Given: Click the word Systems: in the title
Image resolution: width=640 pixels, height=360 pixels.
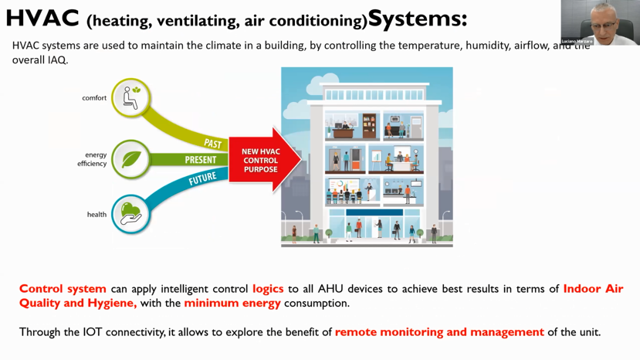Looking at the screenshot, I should coord(418,17).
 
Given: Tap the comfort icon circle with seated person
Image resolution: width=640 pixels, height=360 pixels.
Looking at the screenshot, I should coord(130,98).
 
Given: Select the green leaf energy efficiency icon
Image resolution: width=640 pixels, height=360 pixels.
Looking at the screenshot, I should coord(130,159).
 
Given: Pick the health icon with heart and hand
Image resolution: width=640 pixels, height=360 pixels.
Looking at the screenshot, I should coord(130,214).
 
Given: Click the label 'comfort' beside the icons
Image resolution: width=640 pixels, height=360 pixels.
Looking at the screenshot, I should coord(94,98).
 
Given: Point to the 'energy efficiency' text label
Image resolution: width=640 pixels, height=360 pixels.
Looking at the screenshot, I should coord(92,159).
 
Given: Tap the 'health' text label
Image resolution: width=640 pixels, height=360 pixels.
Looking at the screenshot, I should coord(97,214).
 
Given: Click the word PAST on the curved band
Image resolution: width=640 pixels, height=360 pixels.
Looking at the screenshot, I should coord(213,144).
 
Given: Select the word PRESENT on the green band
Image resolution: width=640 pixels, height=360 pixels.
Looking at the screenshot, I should coord(201,160).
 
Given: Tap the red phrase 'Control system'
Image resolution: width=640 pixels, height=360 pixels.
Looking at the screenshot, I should coord(63,289).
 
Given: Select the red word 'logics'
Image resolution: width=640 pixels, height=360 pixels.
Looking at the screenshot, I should coord(268,289).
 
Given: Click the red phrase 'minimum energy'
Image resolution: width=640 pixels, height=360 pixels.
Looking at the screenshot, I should coord(232,303).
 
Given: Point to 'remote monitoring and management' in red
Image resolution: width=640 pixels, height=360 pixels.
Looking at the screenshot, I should coord(439,332).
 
